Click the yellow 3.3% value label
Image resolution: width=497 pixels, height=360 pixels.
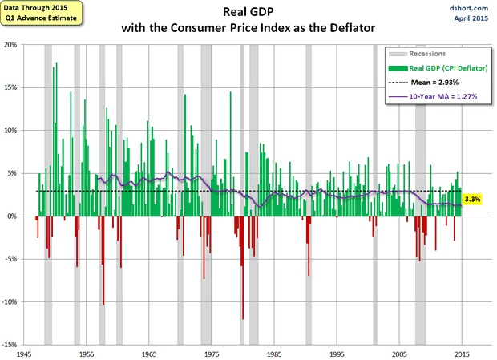coord(472,198)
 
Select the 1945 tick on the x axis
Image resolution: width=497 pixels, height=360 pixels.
coord(24,354)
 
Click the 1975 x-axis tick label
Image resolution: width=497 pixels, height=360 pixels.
coord(212,354)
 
